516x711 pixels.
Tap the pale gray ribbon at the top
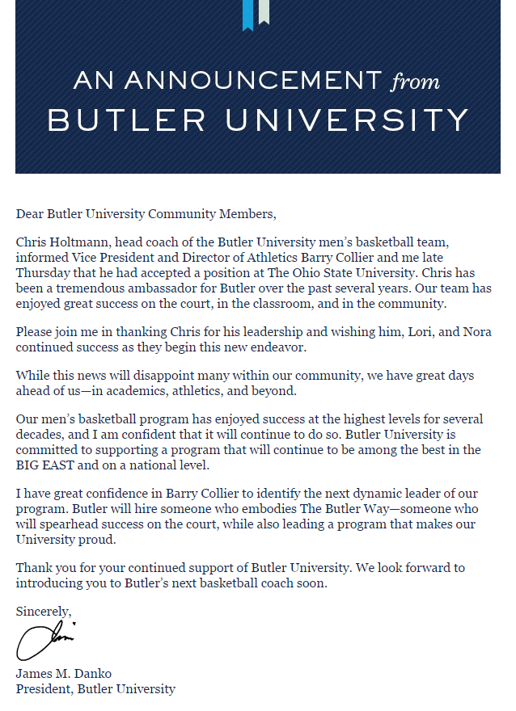pos(263,11)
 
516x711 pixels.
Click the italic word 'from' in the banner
pos(415,82)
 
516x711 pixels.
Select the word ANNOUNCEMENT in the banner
pos(253,81)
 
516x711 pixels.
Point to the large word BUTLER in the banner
pos(127,120)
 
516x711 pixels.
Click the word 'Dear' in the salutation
pos(29,214)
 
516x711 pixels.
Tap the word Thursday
pos(40,272)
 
